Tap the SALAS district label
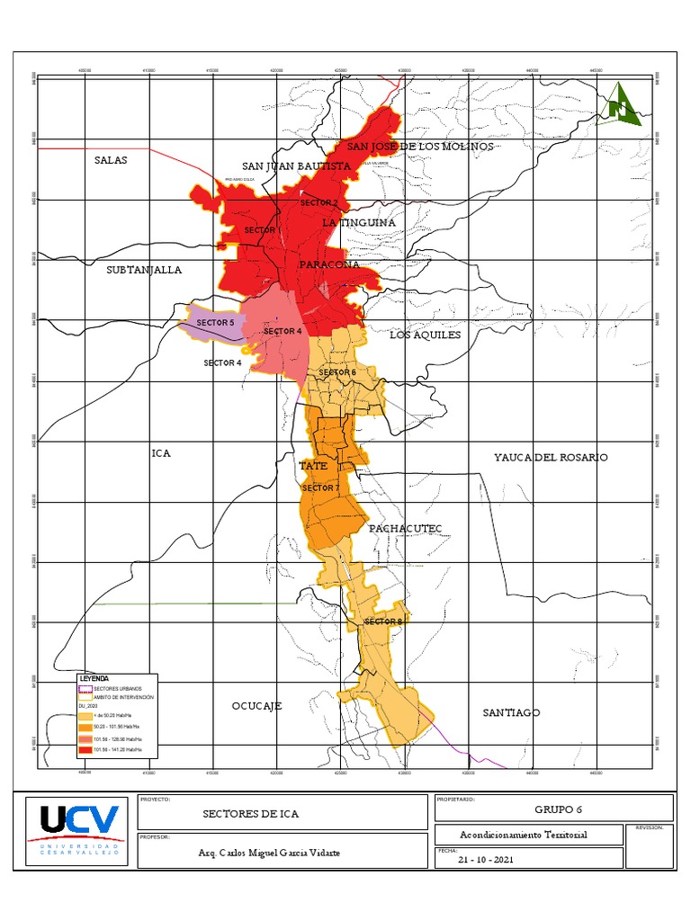tap(111, 160)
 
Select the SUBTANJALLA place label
tap(144, 270)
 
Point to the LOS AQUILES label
tap(425, 335)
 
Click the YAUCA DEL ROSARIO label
tap(551, 458)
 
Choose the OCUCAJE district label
tap(256, 706)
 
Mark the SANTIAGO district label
tap(511, 712)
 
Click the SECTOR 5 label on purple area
tap(215, 322)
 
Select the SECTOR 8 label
tap(384, 621)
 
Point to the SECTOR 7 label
tap(320, 487)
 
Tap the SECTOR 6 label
tap(337, 372)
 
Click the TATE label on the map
tap(312, 466)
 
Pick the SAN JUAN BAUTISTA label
tap(296, 166)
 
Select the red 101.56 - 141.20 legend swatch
tap(85, 748)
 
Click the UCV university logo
tap(77, 827)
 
